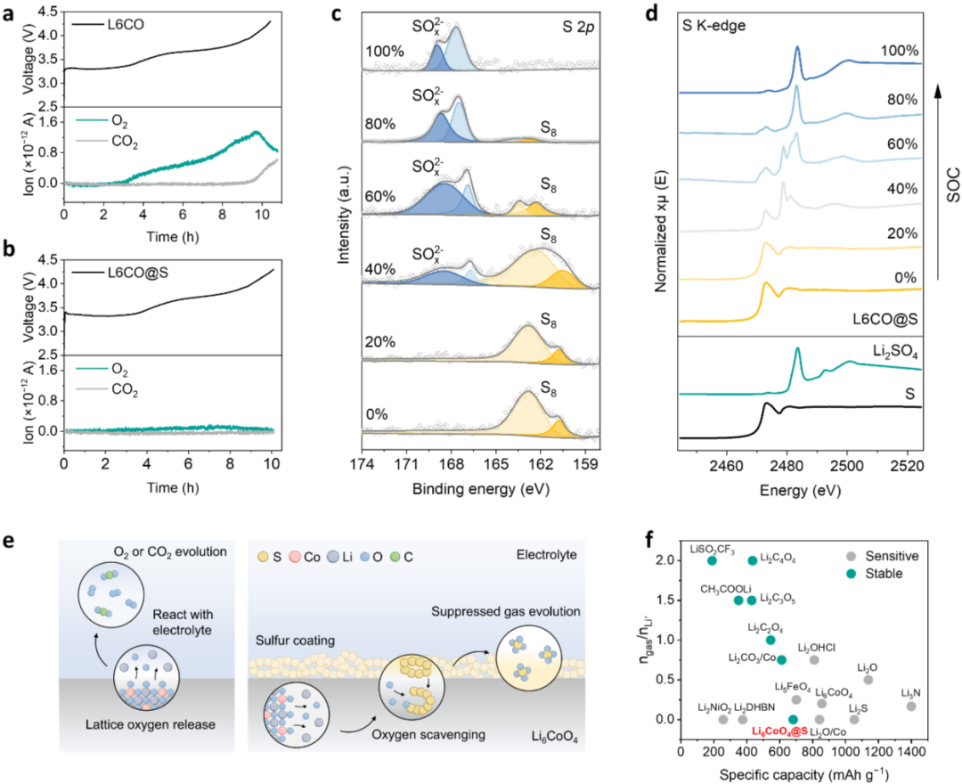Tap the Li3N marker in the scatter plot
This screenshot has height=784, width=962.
[x=911, y=706]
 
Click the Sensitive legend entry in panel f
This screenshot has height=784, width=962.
[x=883, y=557]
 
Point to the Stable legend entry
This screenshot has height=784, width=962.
[x=875, y=574]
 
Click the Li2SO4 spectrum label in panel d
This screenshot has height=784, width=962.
[x=894, y=352]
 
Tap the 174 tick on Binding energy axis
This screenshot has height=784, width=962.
[x=362, y=464]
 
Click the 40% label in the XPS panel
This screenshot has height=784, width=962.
[x=380, y=269]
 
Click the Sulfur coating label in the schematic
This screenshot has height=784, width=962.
[x=295, y=641]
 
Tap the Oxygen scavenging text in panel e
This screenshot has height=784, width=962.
[x=428, y=734]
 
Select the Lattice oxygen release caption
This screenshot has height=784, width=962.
[x=151, y=725]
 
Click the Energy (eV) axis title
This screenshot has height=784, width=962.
[x=800, y=491]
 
